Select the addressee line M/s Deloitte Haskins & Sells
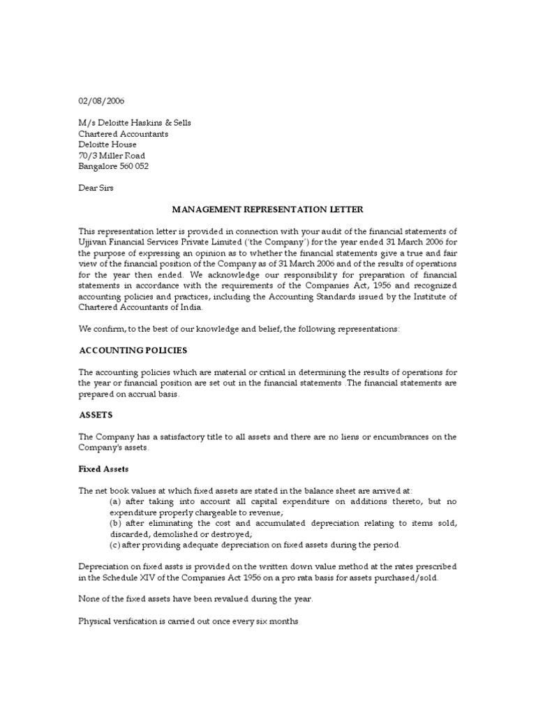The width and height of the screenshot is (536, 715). [134, 123]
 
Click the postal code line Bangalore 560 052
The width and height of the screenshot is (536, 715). [113, 167]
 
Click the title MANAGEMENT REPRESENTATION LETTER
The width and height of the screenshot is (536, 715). [267, 209]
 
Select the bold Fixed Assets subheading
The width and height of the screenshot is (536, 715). [103, 469]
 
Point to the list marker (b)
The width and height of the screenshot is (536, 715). [116, 524]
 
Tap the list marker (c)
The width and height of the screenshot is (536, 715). [116, 545]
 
